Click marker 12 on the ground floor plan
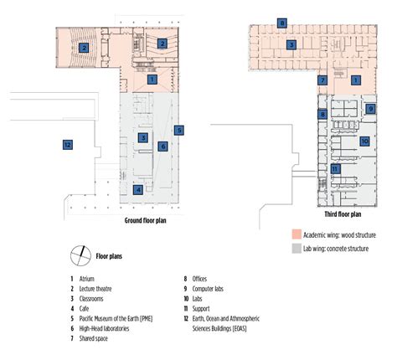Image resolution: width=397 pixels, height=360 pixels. [x=67, y=144]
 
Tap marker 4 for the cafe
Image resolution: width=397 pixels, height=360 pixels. [x=137, y=190]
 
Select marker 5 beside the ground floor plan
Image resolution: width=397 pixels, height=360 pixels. [x=178, y=130]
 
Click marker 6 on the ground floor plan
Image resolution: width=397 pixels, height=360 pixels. [x=163, y=145]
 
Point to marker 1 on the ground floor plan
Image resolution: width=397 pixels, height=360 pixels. [x=152, y=80]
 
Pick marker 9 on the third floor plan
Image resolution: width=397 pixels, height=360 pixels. [x=370, y=109]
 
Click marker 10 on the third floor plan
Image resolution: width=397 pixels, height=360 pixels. [x=364, y=141]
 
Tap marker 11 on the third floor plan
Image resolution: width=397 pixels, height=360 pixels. [x=335, y=168]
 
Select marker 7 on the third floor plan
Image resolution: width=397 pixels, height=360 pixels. [x=322, y=80]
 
